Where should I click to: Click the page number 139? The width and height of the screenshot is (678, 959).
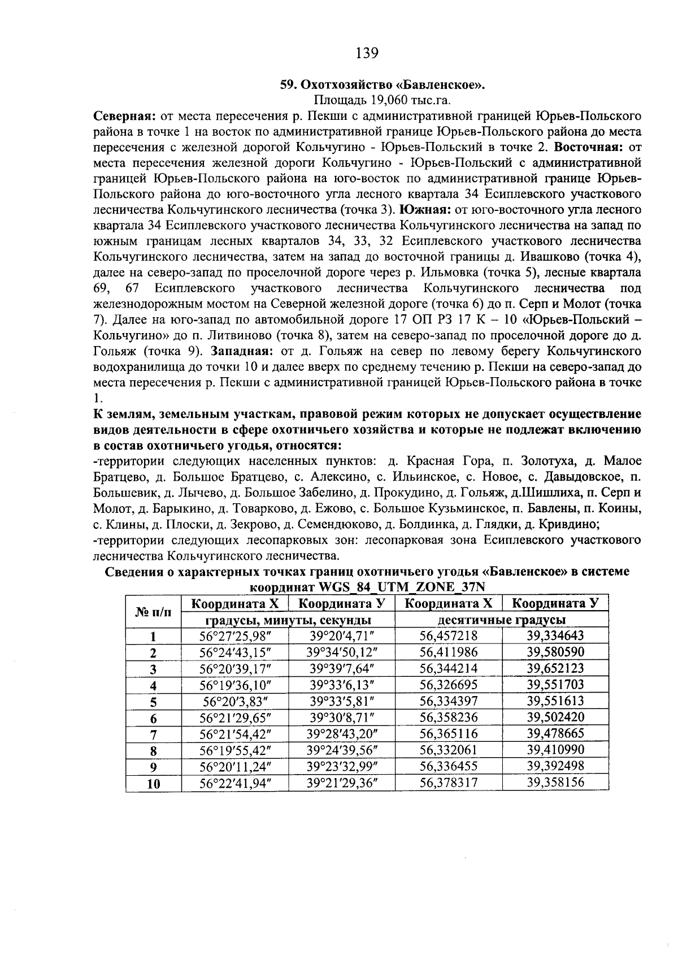tap(367, 54)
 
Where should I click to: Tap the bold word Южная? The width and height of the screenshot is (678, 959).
tap(424, 210)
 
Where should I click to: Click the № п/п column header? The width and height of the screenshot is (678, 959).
tap(153, 611)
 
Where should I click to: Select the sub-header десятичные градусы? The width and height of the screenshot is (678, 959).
tap(502, 620)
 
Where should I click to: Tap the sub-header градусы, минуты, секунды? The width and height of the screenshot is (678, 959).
tap(288, 620)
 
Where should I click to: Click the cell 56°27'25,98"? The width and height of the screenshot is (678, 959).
tap(236, 636)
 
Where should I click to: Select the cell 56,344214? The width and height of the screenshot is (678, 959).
tap(449, 668)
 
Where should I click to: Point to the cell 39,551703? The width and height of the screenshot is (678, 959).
tap(555, 685)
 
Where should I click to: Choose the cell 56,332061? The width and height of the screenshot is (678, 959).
tap(449, 750)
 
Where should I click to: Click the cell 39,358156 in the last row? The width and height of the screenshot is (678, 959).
tap(555, 783)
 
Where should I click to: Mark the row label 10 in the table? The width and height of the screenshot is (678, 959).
tap(153, 784)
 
